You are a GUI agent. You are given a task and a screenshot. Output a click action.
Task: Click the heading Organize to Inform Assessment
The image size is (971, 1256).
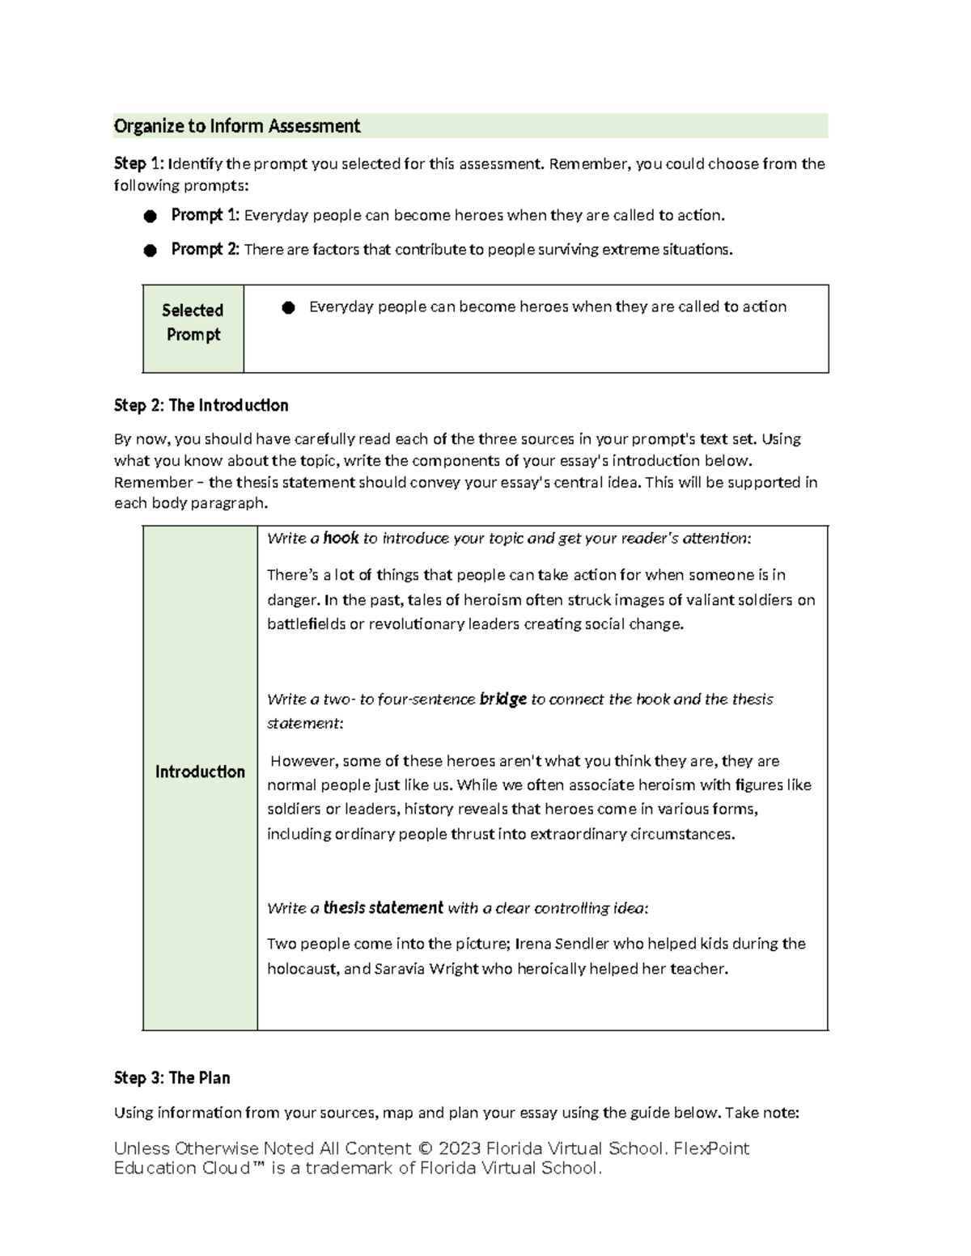click(x=236, y=126)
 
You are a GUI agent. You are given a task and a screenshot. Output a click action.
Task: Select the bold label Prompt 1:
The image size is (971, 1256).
click(x=206, y=215)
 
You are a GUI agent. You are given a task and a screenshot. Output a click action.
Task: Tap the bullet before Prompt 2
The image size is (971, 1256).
click(x=150, y=251)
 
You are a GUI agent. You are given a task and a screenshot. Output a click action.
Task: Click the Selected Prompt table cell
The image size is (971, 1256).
click(x=193, y=323)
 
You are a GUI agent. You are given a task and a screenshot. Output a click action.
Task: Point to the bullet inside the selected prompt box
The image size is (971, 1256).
click(x=288, y=307)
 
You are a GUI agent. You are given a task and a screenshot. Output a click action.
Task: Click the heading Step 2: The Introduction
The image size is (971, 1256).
click(x=201, y=405)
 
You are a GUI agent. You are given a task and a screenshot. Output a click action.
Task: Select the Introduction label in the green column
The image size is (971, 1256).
click(x=200, y=772)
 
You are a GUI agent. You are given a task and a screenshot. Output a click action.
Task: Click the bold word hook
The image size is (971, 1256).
click(x=341, y=539)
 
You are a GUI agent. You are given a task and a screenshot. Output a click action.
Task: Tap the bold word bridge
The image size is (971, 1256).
click(x=502, y=699)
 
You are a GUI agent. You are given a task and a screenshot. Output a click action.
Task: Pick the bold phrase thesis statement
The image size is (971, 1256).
click(x=383, y=908)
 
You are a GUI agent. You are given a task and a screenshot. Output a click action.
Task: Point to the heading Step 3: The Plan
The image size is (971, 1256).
click(x=172, y=1078)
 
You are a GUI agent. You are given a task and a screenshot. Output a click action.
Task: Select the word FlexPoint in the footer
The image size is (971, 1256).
click(x=711, y=1148)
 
